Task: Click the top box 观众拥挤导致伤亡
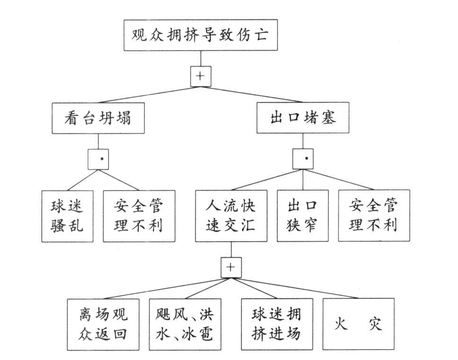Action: pos(201,35)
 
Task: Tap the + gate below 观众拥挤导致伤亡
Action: pos(201,76)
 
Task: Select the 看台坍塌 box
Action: pos(98,118)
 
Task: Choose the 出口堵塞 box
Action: pos(303,118)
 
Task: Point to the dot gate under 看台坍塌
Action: pos(98,159)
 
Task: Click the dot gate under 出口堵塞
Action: pos(303,159)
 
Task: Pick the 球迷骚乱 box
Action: pos(67,216)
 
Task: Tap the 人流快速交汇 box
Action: pos(231,216)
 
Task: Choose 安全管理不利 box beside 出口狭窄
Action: pos(374,216)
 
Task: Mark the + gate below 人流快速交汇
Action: pos(231,267)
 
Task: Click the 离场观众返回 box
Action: pos(103,324)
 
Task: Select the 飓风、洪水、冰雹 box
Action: pos(185,324)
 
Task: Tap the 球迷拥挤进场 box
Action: pos(277,324)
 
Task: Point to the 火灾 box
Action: pos(359,324)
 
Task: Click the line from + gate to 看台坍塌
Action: pos(147,95)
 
